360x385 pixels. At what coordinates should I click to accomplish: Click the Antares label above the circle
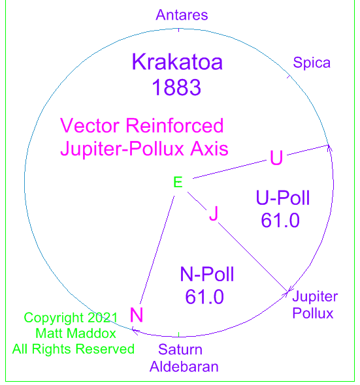point(182,15)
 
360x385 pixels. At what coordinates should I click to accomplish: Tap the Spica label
point(312,63)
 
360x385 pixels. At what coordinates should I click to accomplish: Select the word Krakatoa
point(177,62)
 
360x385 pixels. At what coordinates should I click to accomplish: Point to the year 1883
point(176,87)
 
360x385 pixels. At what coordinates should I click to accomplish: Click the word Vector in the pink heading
point(90,125)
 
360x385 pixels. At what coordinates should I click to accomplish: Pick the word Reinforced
point(174,125)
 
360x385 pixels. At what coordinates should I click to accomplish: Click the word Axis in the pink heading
point(209,149)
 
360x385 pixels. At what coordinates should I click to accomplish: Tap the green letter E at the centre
point(178,182)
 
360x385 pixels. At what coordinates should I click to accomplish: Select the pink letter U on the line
point(276,157)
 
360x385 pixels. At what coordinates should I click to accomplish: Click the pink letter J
point(214,213)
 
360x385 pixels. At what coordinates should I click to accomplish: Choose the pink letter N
point(137,315)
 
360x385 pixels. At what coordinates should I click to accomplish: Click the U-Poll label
point(282,198)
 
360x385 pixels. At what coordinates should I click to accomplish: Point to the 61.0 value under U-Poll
point(280,221)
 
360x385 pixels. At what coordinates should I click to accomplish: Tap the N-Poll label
point(207,274)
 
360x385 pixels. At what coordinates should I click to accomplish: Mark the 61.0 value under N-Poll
point(205,297)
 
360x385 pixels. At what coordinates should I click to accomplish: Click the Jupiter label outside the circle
point(315,297)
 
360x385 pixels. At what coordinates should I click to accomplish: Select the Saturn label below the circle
point(180,349)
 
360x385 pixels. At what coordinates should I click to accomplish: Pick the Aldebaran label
point(184,367)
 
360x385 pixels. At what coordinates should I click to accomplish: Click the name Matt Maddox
point(76,333)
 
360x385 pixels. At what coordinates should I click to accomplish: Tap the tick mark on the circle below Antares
point(179,30)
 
